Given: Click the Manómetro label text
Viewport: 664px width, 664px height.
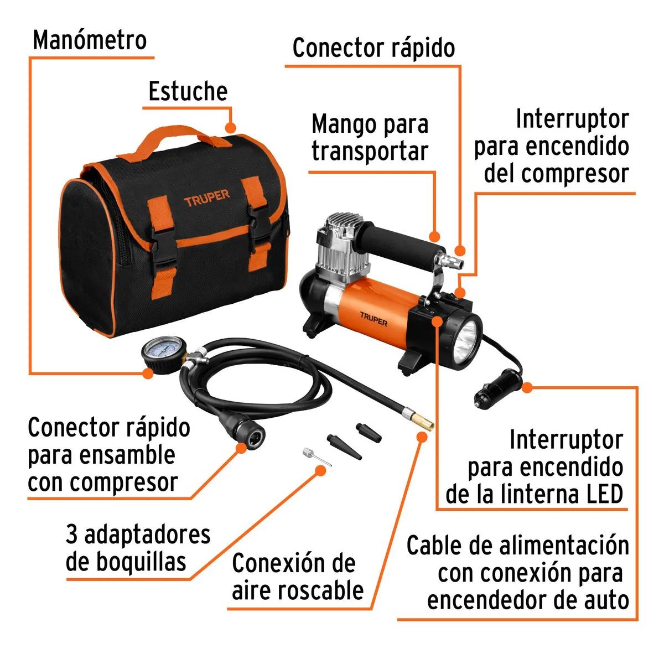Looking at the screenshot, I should (90, 40).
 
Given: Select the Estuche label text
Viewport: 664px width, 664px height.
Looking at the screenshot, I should (188, 91).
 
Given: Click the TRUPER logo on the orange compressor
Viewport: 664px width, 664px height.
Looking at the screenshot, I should (373, 319).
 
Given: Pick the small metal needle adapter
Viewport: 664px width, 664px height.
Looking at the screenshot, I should (316, 457).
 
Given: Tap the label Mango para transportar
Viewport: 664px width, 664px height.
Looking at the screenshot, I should (370, 137).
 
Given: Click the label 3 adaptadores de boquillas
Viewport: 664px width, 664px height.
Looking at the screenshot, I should (138, 548).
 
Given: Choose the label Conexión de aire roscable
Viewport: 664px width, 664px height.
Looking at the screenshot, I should (297, 577).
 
